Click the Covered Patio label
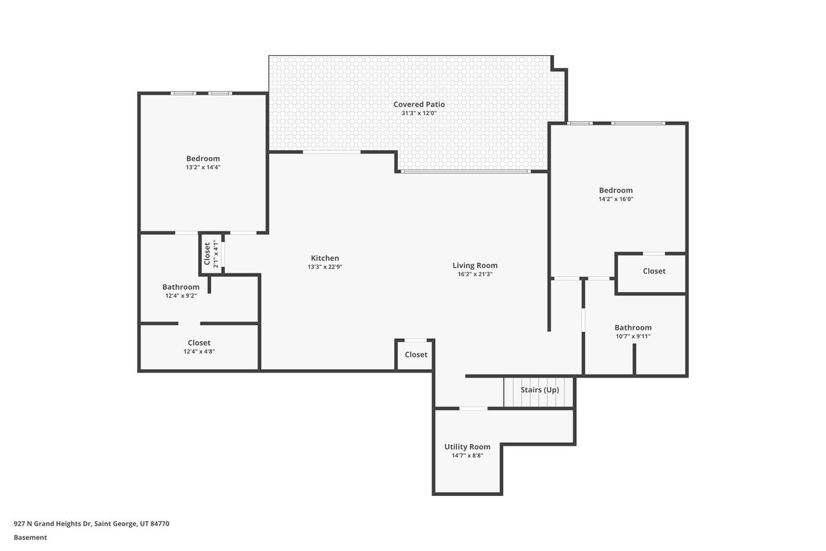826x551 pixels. click(419, 105)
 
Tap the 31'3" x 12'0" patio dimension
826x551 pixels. click(419, 114)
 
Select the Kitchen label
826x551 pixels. click(325, 258)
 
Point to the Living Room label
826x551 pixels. click(475, 266)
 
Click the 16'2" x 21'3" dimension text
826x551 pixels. click(475, 274)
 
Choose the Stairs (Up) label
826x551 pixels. click(540, 390)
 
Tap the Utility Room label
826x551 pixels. click(467, 447)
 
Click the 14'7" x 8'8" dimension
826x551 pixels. click(467, 455)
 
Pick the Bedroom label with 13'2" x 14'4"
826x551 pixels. click(203, 158)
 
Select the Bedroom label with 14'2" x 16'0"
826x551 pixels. click(616, 190)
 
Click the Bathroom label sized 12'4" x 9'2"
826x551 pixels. click(180, 287)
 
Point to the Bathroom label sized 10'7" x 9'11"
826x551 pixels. click(633, 328)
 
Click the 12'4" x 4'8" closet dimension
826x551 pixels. click(199, 352)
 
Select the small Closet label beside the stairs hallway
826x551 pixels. click(416, 355)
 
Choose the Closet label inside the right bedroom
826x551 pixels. click(654, 271)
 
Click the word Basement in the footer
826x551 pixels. click(30, 538)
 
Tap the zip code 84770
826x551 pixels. click(160, 523)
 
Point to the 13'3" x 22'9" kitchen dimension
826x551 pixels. click(325, 267)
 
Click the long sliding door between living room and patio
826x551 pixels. click(466, 171)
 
